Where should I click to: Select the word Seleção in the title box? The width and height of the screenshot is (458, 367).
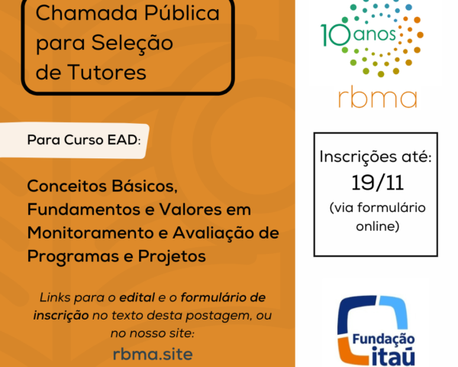(x=132, y=44)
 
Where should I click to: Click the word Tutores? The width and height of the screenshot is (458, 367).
(x=107, y=73)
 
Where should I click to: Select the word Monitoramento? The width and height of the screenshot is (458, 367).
(x=91, y=233)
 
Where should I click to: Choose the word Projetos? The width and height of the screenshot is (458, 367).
(x=172, y=257)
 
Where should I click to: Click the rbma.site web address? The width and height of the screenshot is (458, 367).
(x=153, y=354)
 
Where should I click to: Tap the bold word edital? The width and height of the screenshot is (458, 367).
(x=137, y=297)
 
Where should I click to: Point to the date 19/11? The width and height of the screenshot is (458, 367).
(x=378, y=183)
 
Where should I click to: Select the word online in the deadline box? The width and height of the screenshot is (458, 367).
(x=378, y=226)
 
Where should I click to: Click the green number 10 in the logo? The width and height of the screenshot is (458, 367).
(x=335, y=35)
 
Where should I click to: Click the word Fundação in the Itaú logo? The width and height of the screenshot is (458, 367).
(x=383, y=339)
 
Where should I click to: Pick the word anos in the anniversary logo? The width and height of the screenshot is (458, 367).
(x=374, y=35)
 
